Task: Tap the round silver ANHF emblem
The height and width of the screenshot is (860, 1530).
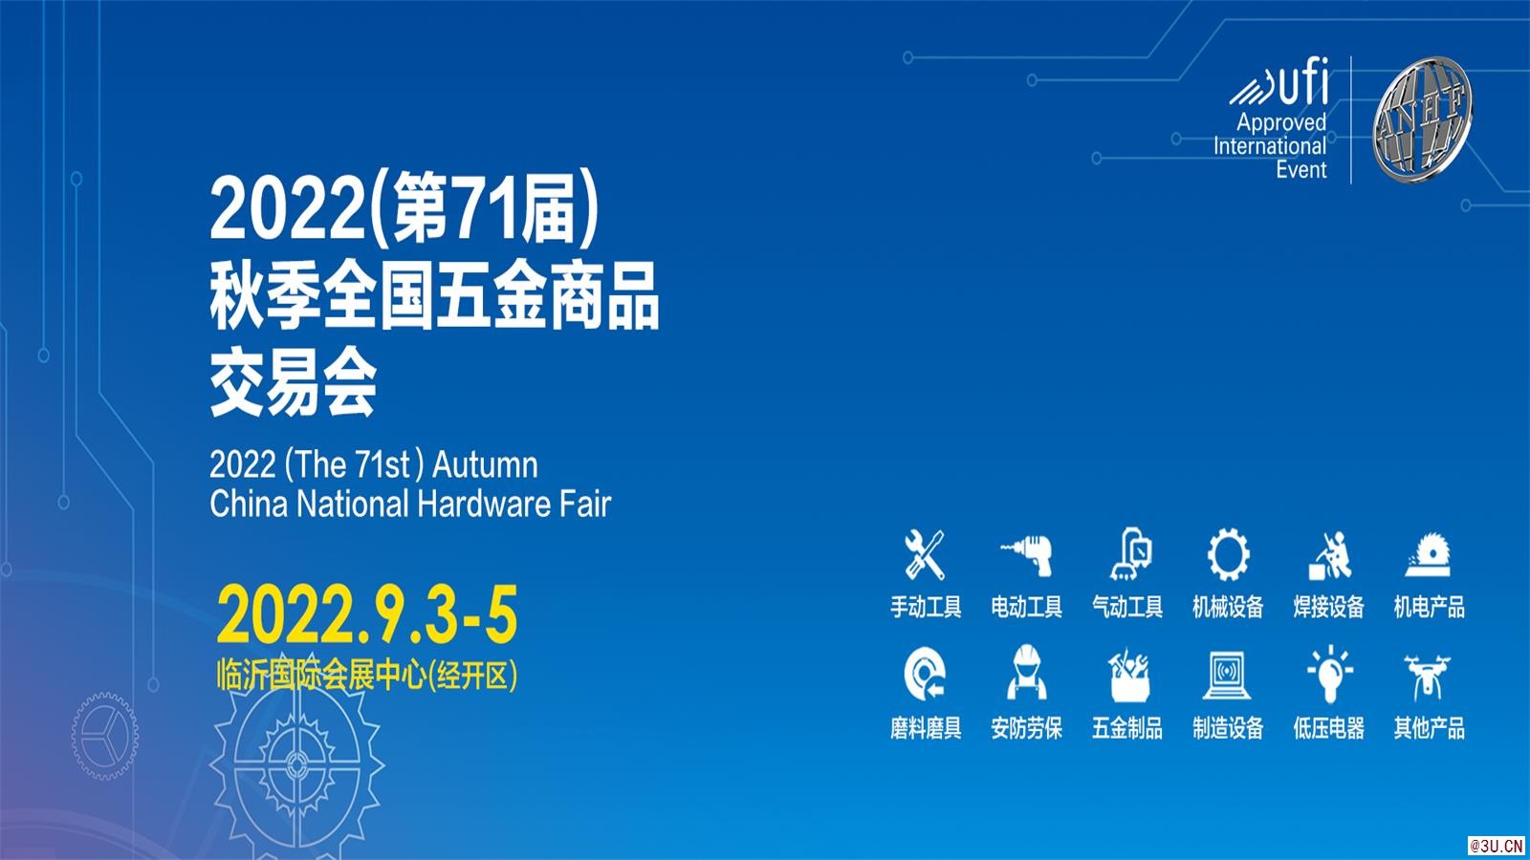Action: coord(1422,118)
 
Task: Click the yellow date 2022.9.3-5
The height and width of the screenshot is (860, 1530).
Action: coord(367,615)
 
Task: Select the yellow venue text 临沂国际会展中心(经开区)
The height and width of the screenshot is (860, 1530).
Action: coord(367,676)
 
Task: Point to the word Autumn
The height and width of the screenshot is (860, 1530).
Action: coord(485,465)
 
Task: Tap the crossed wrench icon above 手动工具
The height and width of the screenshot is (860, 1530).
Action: coord(925,554)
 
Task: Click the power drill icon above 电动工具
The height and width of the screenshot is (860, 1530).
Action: coord(1026,554)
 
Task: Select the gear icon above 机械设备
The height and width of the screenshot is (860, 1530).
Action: coord(1228,554)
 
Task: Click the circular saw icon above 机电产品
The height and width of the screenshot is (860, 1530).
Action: coord(1429,554)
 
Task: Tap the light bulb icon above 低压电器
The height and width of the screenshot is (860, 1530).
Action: coord(1328,675)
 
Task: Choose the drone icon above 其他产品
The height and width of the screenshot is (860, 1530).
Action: coord(1429,675)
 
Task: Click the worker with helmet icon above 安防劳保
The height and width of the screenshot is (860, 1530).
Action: coord(1026,675)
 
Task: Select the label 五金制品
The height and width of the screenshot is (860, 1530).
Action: coord(1127,728)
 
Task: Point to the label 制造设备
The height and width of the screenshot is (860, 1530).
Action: coord(1228,728)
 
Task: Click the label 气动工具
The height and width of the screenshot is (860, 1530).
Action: coord(1127,607)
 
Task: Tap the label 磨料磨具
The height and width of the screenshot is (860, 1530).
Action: coord(925,728)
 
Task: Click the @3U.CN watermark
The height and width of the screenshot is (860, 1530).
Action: coord(1497,846)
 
